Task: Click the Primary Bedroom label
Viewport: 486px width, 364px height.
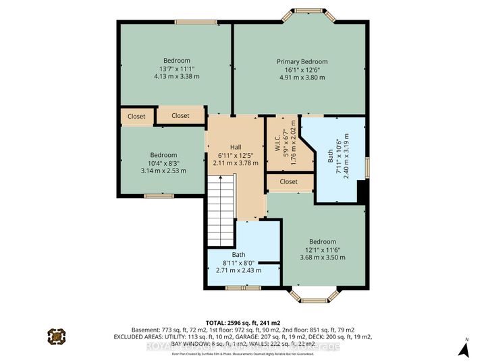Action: (302, 61)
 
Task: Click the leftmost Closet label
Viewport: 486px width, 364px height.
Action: (136, 116)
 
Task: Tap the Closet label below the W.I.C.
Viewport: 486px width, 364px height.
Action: (288, 181)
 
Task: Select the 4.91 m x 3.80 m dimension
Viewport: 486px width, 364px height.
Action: (302, 78)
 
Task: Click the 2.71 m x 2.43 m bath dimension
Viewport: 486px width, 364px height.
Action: (242, 270)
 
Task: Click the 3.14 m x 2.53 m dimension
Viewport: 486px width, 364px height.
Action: (163, 171)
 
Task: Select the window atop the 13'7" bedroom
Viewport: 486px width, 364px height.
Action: (175, 22)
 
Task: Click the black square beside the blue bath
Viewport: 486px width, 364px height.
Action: (362, 191)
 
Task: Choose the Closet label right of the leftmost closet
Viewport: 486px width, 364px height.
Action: (180, 116)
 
